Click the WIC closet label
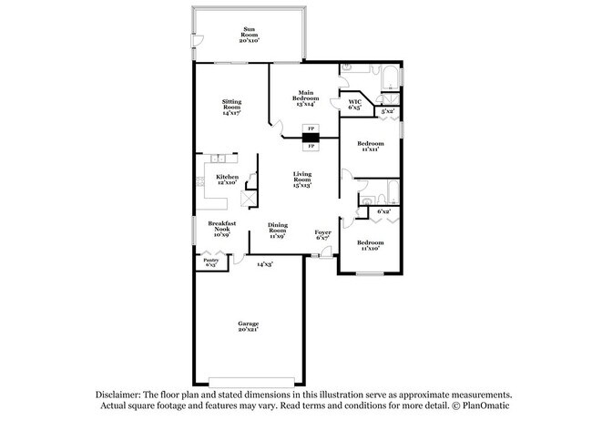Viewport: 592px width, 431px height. pyautogui.click(x=355, y=104)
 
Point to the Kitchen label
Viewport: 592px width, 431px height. pyautogui.click(x=228, y=180)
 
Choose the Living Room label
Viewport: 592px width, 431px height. pyautogui.click(x=302, y=179)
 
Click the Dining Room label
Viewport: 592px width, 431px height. pyautogui.click(x=278, y=232)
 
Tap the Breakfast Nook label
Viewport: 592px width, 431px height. pyautogui.click(x=222, y=227)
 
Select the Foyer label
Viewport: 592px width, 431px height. pyautogui.click(x=323, y=234)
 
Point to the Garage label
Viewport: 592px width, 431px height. pyautogui.click(x=249, y=326)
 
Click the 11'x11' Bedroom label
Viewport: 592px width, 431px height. pyautogui.click(x=370, y=146)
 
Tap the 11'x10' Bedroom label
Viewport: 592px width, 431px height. pyautogui.click(x=370, y=244)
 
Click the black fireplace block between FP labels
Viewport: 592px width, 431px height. pyautogui.click(x=311, y=138)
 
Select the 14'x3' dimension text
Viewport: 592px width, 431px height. pyautogui.click(x=265, y=263)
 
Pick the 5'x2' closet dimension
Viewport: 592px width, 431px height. pyautogui.click(x=387, y=112)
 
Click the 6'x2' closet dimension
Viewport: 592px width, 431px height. pyautogui.click(x=384, y=211)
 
